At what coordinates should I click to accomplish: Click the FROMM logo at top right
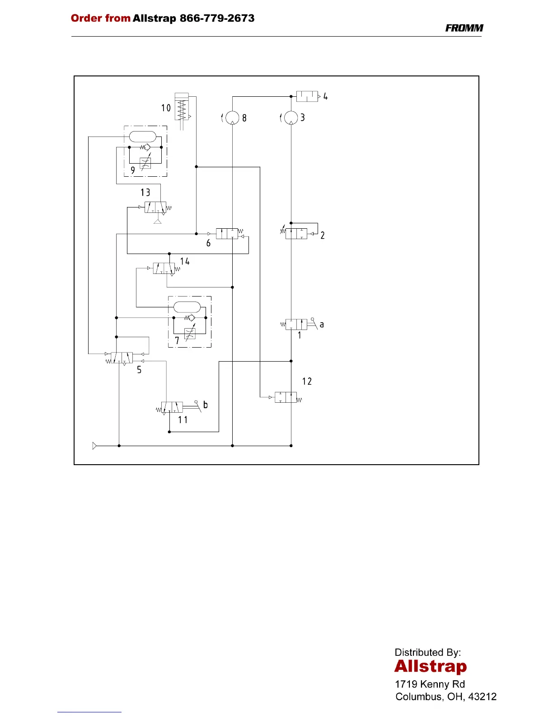[464, 28]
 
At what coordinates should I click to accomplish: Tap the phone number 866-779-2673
[217, 19]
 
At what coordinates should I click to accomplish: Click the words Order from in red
[100, 19]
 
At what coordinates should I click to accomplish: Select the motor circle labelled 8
[232, 118]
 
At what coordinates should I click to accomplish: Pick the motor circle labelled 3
[291, 118]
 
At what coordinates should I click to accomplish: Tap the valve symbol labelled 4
[307, 96]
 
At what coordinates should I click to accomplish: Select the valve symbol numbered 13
[155, 207]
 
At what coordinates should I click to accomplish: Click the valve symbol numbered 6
[227, 234]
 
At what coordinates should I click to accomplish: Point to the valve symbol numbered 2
[296, 234]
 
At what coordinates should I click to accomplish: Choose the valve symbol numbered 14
[164, 268]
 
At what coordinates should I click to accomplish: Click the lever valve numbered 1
[296, 324]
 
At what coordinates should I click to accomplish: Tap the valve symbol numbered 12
[286, 397]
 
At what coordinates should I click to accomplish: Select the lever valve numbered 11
[172, 407]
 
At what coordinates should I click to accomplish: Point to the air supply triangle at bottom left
[94, 446]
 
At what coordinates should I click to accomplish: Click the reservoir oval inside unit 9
[142, 136]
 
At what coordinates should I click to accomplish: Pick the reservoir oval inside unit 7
[187, 307]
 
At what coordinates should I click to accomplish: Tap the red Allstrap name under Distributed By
[430, 667]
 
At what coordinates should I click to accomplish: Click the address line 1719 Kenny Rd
[430, 684]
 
